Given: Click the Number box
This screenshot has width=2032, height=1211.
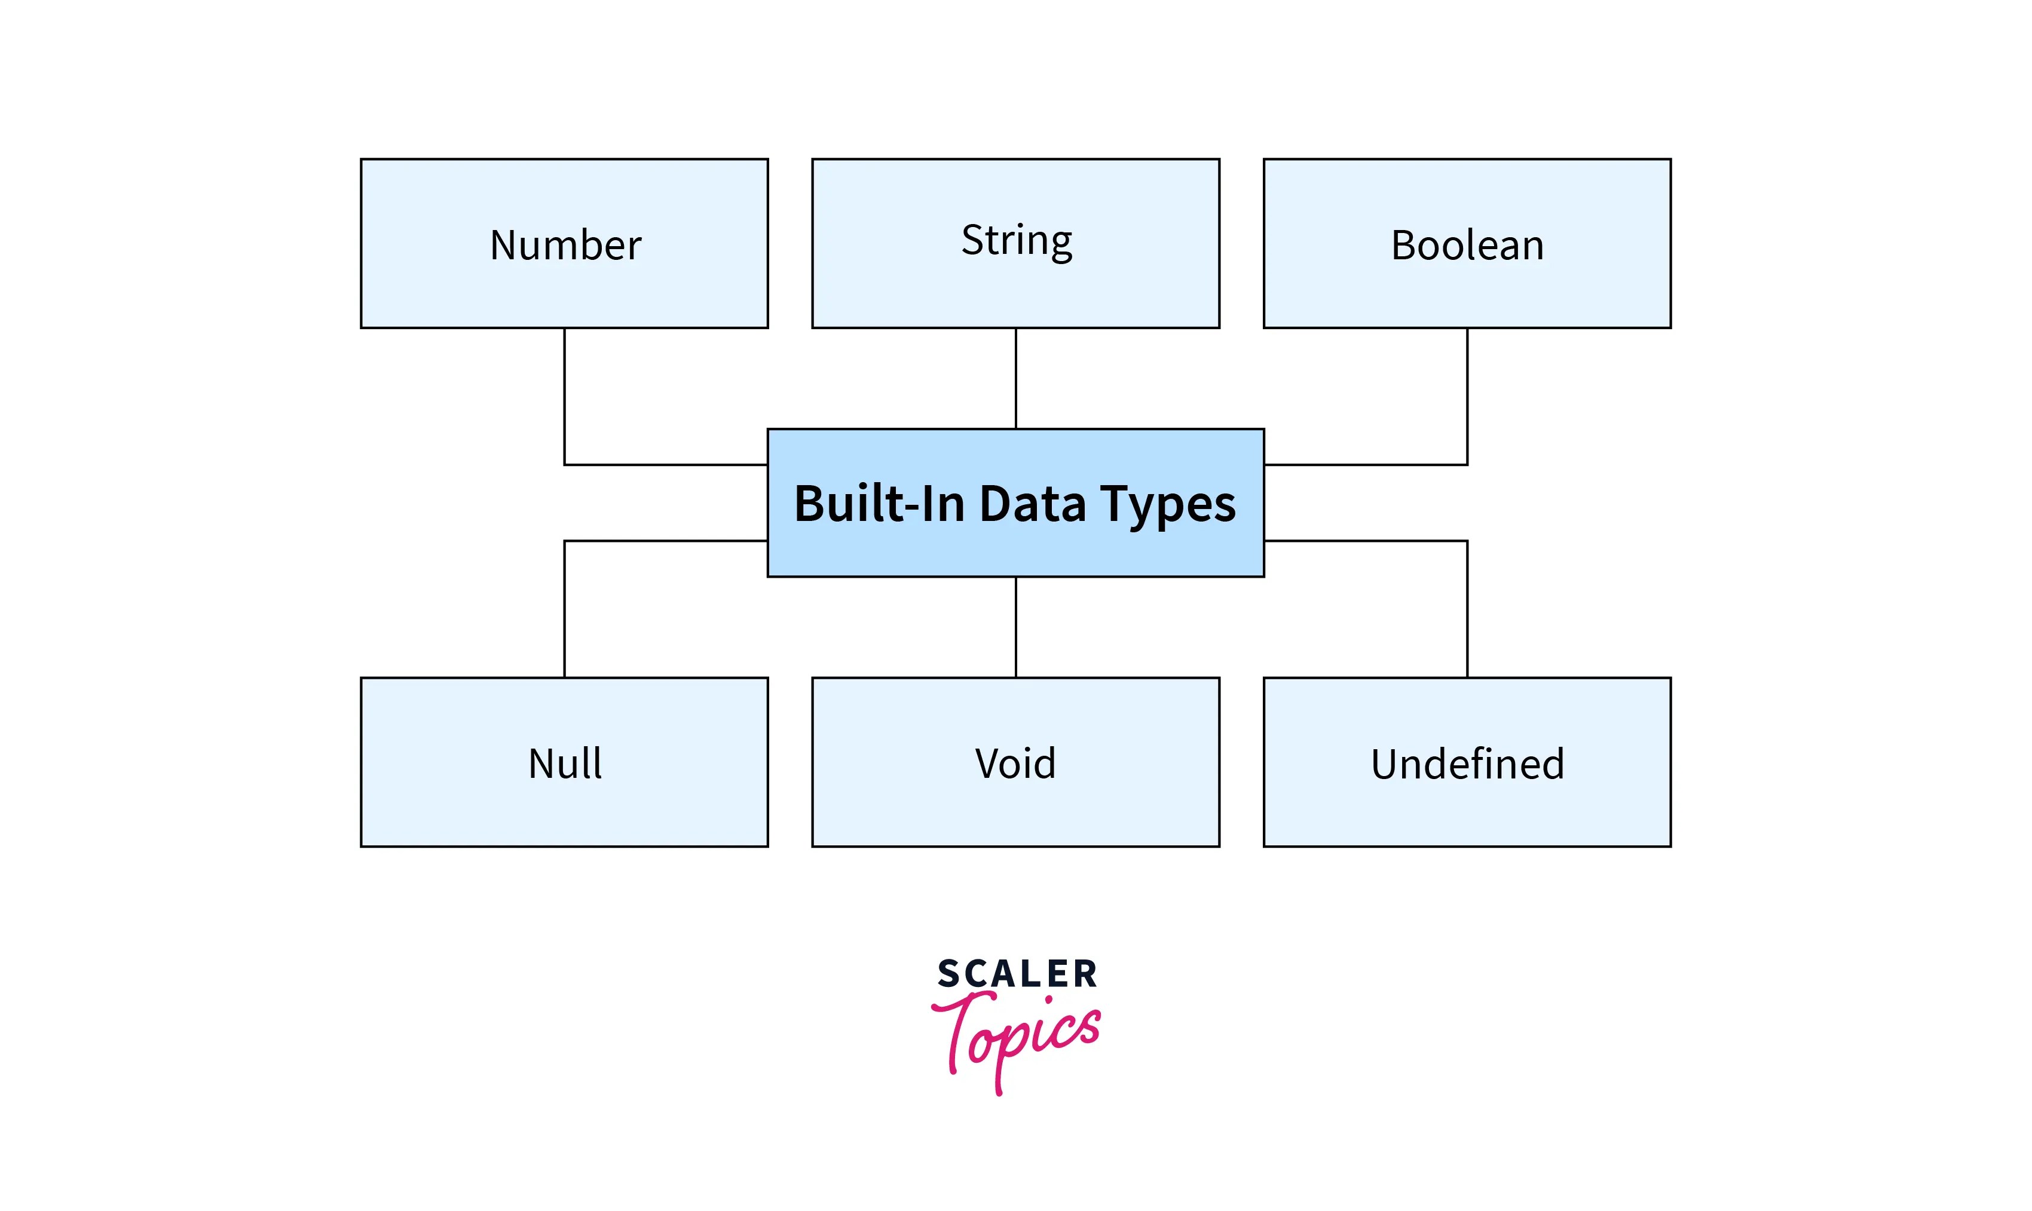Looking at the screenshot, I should (x=565, y=244).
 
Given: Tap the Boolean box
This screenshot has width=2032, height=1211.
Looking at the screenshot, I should (x=1467, y=244).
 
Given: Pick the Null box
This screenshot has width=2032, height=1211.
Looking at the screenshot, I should (x=565, y=762).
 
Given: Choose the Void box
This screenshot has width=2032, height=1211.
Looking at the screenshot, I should (x=1016, y=762).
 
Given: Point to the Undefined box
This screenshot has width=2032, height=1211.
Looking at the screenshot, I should (x=1467, y=762).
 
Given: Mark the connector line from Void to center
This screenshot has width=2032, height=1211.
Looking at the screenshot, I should (x=1016, y=627).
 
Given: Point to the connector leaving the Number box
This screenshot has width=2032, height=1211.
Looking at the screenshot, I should (x=565, y=396).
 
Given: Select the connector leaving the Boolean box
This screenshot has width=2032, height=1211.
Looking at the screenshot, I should (x=1467, y=396).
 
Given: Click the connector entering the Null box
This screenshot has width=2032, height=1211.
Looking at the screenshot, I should (x=565, y=608).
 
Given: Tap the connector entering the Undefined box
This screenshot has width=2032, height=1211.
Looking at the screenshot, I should (x=1467, y=608).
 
